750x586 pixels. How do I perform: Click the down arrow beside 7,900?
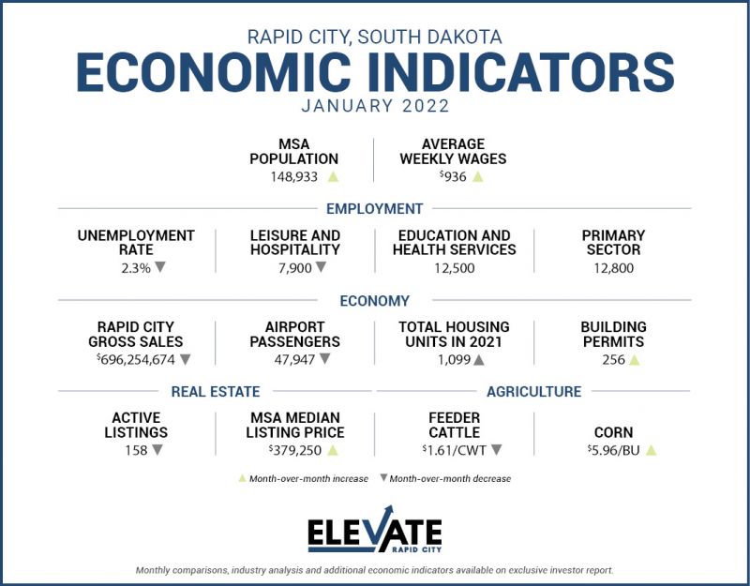(x=321, y=267)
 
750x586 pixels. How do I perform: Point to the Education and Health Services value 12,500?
(x=454, y=268)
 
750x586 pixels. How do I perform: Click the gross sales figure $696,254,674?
(x=136, y=359)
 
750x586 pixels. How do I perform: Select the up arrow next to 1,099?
(x=479, y=359)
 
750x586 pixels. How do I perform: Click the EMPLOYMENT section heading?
(x=374, y=209)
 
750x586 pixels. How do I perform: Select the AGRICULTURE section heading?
(x=533, y=392)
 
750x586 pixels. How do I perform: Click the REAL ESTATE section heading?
(x=216, y=392)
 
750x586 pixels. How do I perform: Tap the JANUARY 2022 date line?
(x=374, y=106)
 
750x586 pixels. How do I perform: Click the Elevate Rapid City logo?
(x=375, y=532)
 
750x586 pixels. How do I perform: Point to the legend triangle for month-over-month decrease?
(x=383, y=478)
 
